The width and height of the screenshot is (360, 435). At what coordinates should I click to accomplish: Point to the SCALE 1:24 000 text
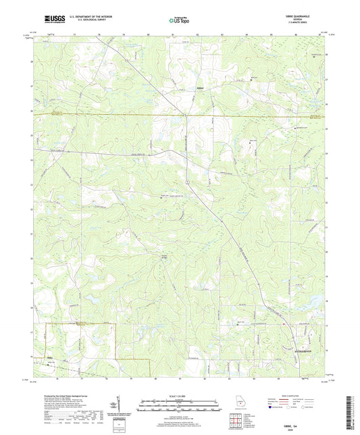tap(180, 395)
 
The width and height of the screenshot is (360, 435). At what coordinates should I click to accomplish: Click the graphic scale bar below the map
tap(180, 405)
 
